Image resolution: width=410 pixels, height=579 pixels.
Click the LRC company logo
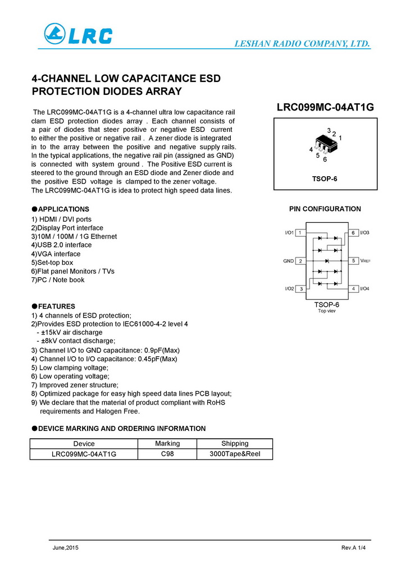[x=78, y=35]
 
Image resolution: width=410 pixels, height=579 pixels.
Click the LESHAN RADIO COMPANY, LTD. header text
[x=302, y=44]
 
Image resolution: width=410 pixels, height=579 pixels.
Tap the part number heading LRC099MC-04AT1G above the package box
[x=325, y=108]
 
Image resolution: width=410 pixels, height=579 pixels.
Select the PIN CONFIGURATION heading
[x=325, y=209]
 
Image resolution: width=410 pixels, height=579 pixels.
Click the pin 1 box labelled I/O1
[x=300, y=233]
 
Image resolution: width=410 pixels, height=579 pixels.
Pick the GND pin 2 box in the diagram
[x=300, y=261]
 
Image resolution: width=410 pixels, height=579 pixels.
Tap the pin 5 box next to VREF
[x=354, y=261]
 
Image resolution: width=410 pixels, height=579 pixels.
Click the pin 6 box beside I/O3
[x=354, y=233]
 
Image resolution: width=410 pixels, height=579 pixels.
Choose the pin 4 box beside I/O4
[x=354, y=288]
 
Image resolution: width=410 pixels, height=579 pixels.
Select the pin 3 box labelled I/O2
[x=300, y=288]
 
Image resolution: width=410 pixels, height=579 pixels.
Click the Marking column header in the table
[x=167, y=443]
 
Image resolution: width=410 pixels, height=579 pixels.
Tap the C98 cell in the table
[x=167, y=454]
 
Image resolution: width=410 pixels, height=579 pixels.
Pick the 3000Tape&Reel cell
[x=234, y=454]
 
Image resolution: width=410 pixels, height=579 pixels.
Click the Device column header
[x=84, y=443]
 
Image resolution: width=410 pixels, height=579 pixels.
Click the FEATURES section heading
[x=56, y=306]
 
